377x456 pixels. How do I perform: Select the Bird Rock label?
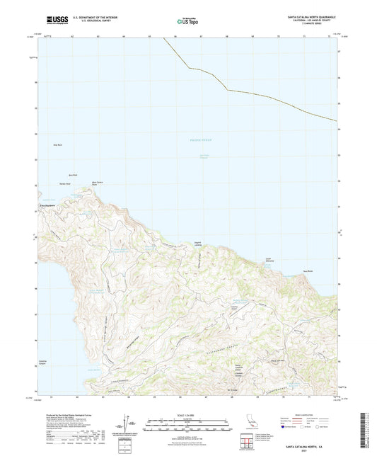tap(72, 175)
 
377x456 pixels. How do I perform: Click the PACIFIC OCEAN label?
tap(200, 142)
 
